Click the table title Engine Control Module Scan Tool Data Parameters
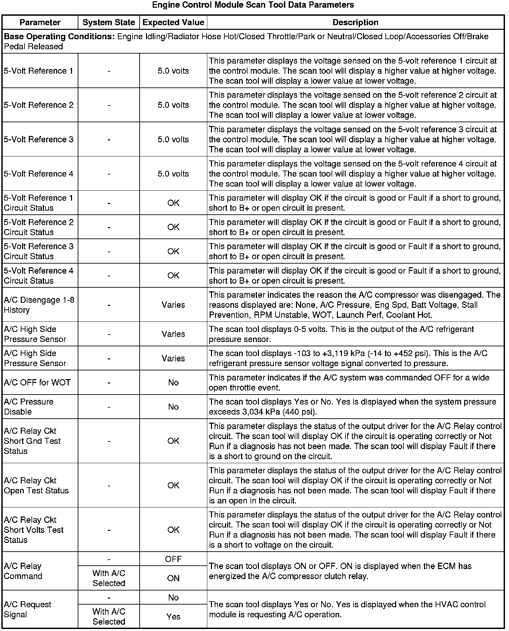(253, 5)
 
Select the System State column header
(109, 22)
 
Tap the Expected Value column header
(173, 22)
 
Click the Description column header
(355, 22)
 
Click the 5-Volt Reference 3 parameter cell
(39, 139)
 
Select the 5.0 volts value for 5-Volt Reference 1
(173, 71)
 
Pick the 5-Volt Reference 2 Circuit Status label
(39, 227)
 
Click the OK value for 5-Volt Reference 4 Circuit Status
(173, 275)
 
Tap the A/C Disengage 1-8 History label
(39, 305)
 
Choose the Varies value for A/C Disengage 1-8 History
(173, 305)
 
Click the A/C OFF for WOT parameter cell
(37, 382)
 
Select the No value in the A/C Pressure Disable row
(173, 407)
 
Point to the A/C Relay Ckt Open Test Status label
(36, 485)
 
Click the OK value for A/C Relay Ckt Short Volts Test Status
(173, 530)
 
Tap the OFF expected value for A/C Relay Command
(173, 559)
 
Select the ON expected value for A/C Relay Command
(173, 578)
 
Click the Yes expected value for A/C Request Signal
(173, 617)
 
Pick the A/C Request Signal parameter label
(27, 610)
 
